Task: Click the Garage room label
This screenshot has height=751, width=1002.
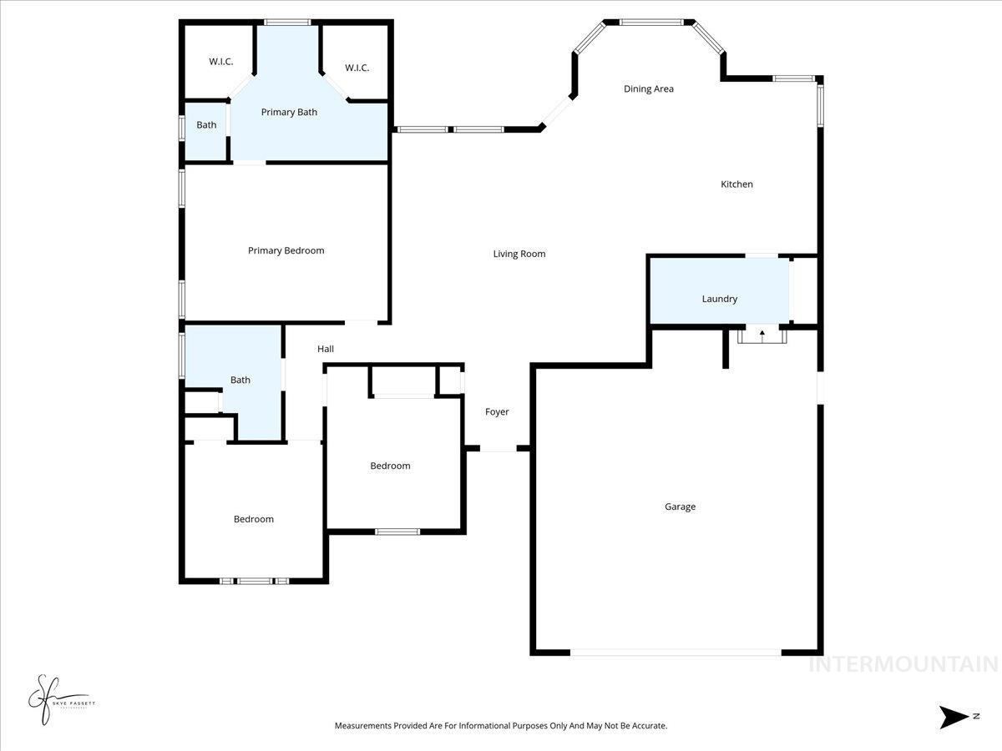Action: pyautogui.click(x=680, y=507)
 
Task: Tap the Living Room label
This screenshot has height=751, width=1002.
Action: pyautogui.click(x=519, y=254)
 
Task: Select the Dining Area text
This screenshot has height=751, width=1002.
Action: pyautogui.click(x=649, y=88)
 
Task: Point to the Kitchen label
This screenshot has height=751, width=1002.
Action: pyautogui.click(x=736, y=184)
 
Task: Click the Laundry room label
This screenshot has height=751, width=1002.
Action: pyautogui.click(x=719, y=299)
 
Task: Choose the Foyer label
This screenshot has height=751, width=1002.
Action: pyautogui.click(x=497, y=411)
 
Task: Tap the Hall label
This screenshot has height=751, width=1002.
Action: pyautogui.click(x=326, y=349)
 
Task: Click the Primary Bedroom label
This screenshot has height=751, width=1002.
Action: pyautogui.click(x=286, y=250)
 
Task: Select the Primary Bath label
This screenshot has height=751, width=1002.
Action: pyautogui.click(x=289, y=112)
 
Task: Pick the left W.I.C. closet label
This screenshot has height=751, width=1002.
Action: pyautogui.click(x=220, y=62)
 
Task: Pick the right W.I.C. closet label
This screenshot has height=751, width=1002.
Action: pyautogui.click(x=357, y=68)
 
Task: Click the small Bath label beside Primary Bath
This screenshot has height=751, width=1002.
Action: pyautogui.click(x=206, y=125)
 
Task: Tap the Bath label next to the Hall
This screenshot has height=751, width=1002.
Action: pyautogui.click(x=240, y=380)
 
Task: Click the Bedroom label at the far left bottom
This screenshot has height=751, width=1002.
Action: pyautogui.click(x=253, y=519)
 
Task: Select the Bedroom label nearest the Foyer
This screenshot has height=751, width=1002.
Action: pyautogui.click(x=390, y=466)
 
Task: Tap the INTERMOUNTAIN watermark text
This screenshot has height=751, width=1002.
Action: pyautogui.click(x=903, y=665)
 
